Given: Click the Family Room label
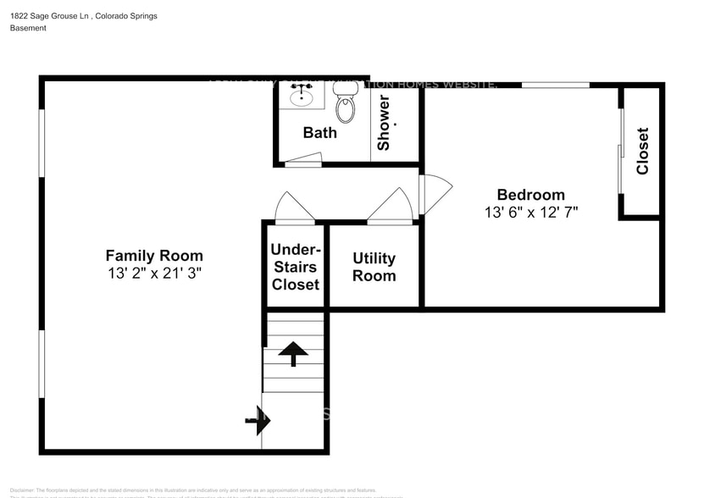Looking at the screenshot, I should pos(154,255).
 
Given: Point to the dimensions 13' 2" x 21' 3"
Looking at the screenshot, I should pos(154,273).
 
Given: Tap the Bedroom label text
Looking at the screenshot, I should pos(530,195).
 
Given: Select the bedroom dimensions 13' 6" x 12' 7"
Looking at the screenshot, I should pos(530,213).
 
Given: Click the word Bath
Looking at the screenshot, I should pos(319,132).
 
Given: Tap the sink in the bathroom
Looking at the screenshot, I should pos(301,97).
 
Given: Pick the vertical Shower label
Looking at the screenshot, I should pos(384,123).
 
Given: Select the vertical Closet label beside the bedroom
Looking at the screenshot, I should pos(642,151).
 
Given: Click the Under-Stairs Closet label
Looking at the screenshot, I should pos(295,267).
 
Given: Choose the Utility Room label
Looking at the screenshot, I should pos(374,267).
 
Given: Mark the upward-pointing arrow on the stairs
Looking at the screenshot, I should pos(293,352).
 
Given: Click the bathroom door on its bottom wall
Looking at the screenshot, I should pos(303,159).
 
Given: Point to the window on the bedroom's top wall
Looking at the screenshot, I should pos(555,85).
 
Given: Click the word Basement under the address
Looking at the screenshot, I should pos(28,28).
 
